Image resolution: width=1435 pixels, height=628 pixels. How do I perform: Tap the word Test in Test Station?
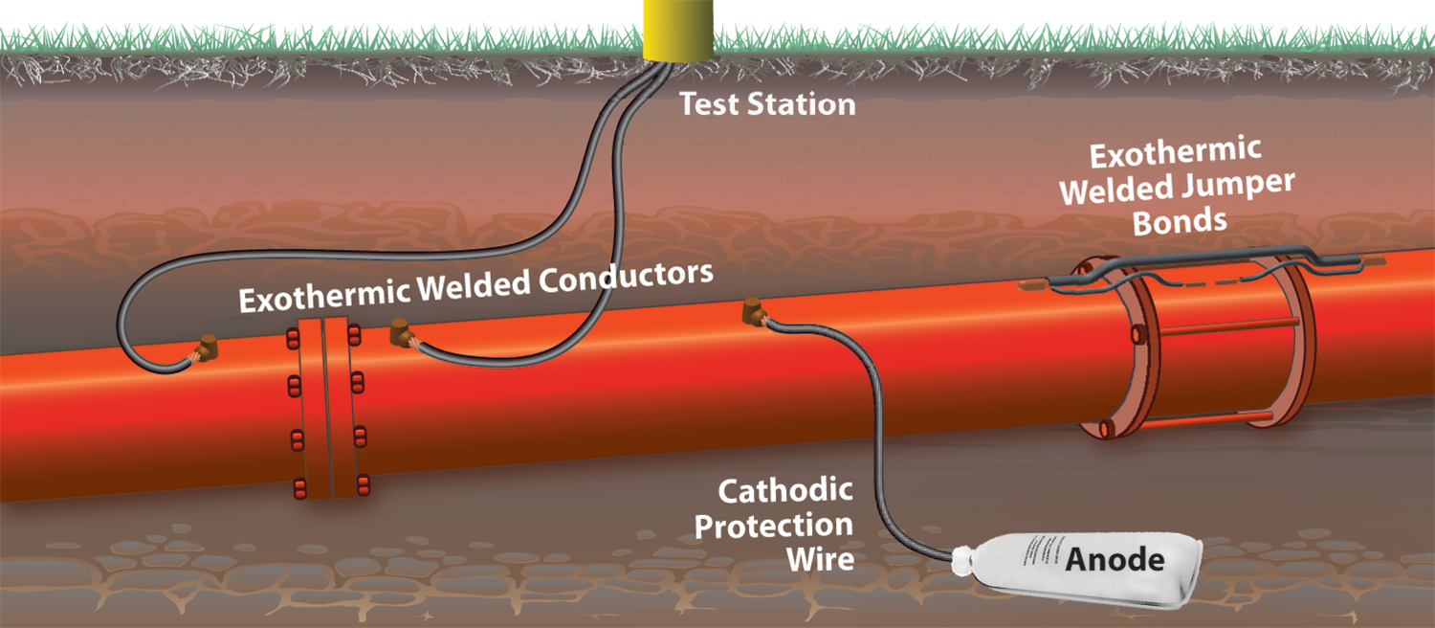click(709, 103)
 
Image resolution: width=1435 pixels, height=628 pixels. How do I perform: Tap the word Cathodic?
click(784, 493)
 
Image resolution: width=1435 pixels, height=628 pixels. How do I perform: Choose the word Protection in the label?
click(773, 526)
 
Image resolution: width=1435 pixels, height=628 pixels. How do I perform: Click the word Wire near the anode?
click(819, 558)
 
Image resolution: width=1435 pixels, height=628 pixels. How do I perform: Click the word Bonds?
click(1180, 221)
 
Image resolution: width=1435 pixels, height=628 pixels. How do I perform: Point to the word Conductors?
click(626, 280)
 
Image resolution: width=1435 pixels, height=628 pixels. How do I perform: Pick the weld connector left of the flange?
click(204, 349)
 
